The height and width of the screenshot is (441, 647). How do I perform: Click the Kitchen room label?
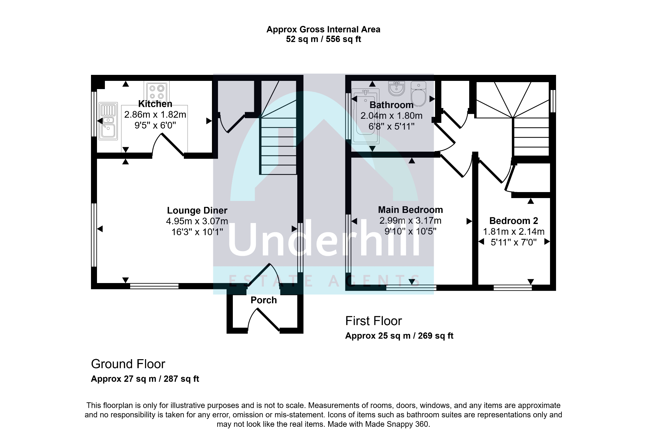click(155, 104)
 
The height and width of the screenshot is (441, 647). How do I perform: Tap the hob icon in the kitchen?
click(157, 92)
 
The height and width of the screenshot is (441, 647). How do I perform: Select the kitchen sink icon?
click(108, 121)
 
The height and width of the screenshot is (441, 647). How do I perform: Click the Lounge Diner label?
click(197, 210)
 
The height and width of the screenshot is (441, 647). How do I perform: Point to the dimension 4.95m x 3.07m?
click(197, 221)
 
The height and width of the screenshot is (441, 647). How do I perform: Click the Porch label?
click(263, 300)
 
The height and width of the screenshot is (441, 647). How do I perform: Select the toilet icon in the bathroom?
click(419, 94)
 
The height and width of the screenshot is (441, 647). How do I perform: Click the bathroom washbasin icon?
click(396, 88)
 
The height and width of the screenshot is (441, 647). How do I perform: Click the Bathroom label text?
click(391, 105)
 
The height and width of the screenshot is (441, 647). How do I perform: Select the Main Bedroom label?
click(410, 210)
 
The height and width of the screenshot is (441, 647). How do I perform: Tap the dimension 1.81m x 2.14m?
click(514, 232)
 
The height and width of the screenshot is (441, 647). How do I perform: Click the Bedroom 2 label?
click(513, 221)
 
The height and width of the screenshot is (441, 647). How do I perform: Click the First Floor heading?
click(373, 321)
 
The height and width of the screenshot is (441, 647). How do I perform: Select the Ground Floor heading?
click(128, 364)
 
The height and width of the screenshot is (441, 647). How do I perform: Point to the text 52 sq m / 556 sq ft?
click(323, 39)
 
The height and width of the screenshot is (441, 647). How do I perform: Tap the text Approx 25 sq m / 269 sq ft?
click(399, 336)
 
